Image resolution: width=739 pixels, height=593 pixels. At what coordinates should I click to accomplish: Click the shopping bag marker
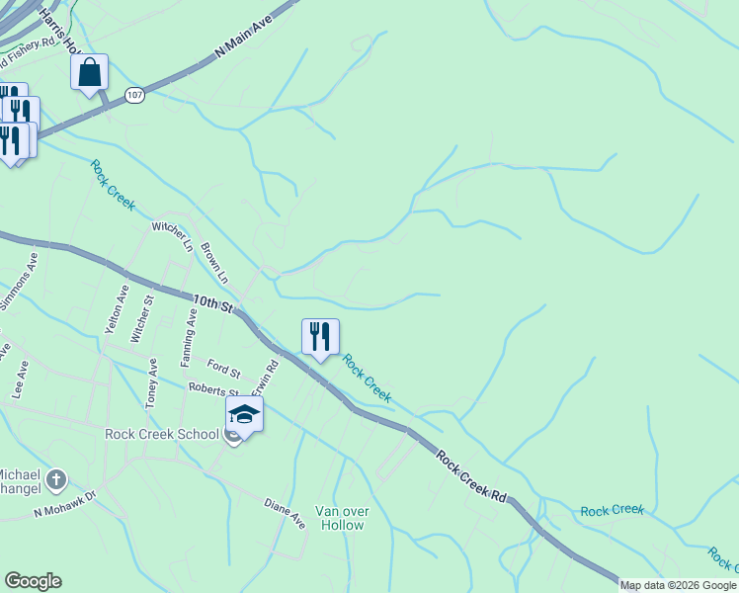pyautogui.click(x=89, y=73)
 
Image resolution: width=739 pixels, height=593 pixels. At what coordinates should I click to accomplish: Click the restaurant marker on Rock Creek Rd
pyautogui.click(x=320, y=337)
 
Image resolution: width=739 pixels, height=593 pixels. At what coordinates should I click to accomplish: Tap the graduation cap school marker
pyautogui.click(x=244, y=415)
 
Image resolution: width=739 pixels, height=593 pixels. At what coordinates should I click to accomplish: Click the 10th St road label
pyautogui.click(x=211, y=302)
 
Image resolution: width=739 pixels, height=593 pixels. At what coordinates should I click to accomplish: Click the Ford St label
pyautogui.click(x=224, y=371)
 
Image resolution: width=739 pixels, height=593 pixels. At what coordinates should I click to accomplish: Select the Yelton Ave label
pyautogui.click(x=116, y=310)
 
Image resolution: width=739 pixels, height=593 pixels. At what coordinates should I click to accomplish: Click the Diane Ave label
pyautogui.click(x=285, y=514)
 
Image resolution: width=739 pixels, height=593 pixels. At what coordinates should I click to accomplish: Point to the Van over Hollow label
pyautogui.click(x=340, y=517)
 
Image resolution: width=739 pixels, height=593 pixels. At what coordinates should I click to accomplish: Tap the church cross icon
pyautogui.click(x=56, y=480)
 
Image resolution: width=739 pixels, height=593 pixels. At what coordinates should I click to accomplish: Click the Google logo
pyautogui.click(x=33, y=581)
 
